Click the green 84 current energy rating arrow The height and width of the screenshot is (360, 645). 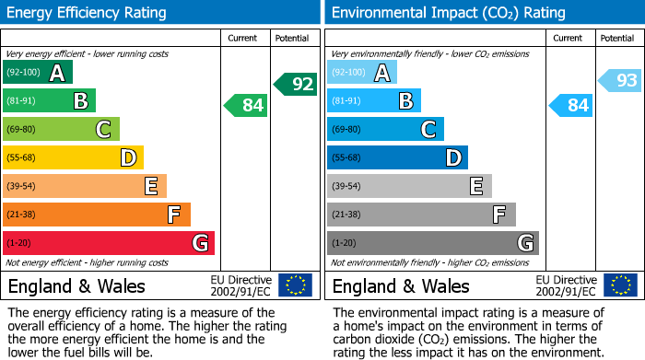click(x=246, y=106)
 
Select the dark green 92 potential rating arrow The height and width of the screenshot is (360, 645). click(x=296, y=84)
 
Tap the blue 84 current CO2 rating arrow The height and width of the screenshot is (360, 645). click(x=571, y=106)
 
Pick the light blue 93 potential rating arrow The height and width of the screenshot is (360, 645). click(x=620, y=81)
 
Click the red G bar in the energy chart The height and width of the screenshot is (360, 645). click(x=109, y=243)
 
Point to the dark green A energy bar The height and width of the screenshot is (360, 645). click(x=38, y=73)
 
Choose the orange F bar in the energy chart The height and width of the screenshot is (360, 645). click(x=97, y=215)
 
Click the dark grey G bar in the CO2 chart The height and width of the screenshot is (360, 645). click(x=433, y=243)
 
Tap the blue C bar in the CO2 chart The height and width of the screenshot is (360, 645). click(x=386, y=130)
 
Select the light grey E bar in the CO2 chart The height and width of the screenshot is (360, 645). click(x=410, y=187)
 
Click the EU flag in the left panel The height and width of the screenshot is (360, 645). click(x=296, y=285)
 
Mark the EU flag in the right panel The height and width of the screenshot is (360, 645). click(x=620, y=285)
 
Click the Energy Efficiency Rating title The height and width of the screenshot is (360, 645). click(x=88, y=13)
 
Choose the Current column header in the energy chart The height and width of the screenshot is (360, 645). click(x=243, y=38)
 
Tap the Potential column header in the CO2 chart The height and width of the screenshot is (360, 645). click(x=617, y=38)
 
